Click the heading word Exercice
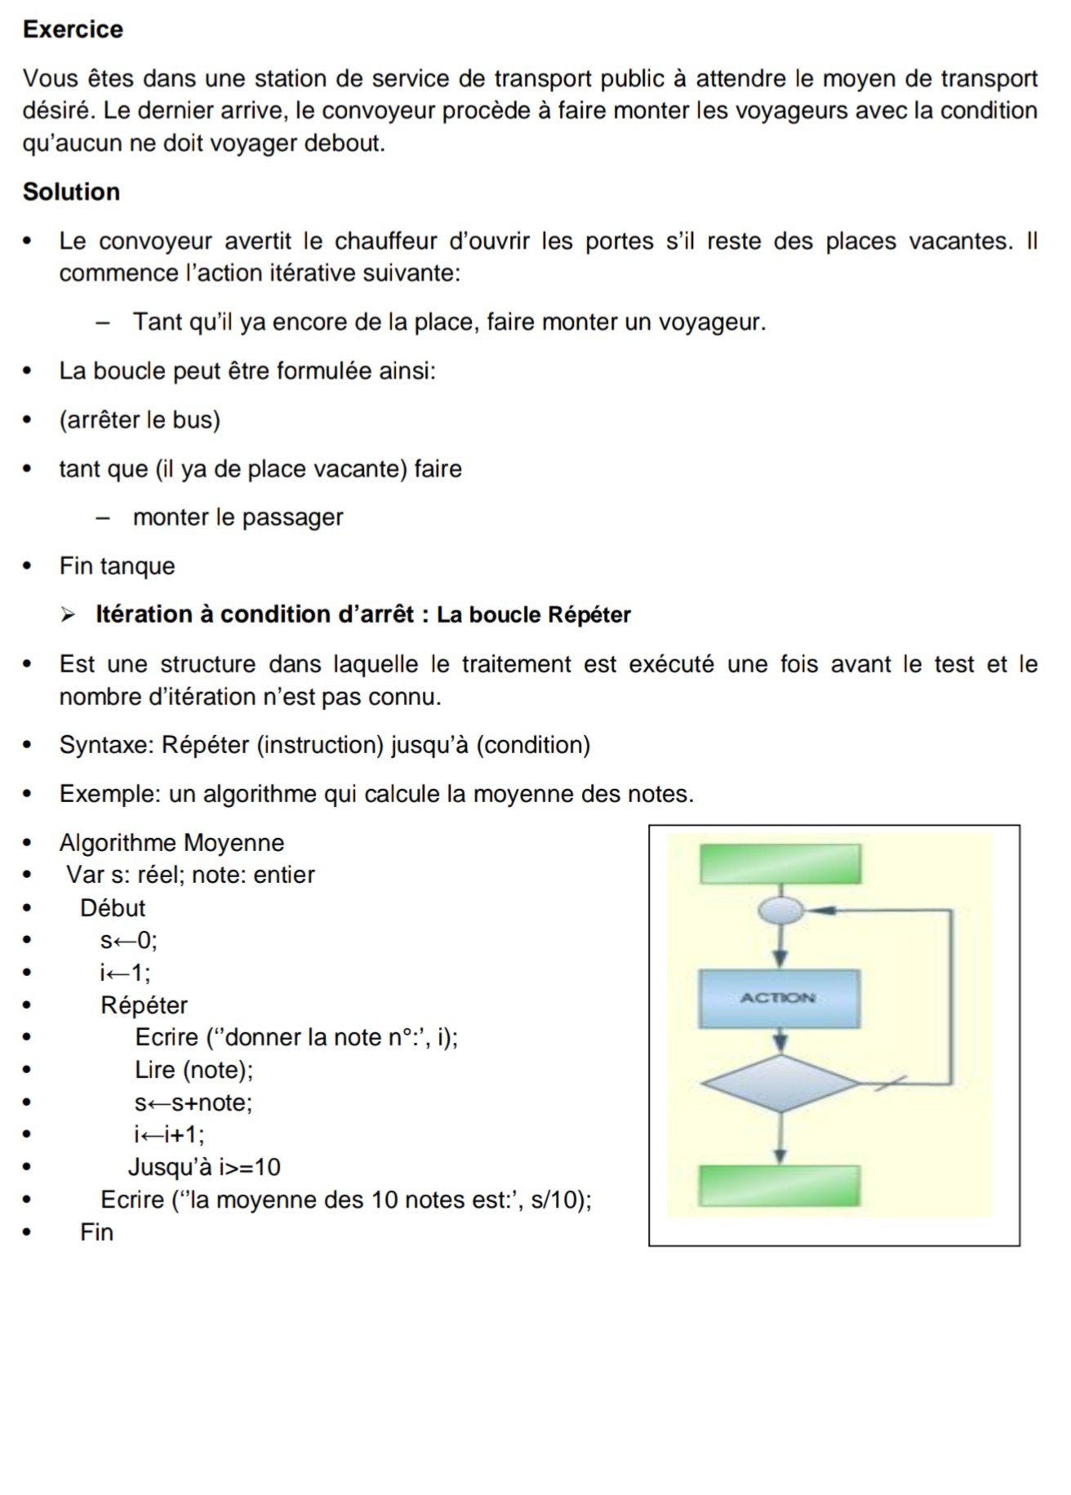pos(73,29)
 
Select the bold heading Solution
pos(71,192)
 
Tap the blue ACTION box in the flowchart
pos(779,998)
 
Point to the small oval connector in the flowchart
pos(780,910)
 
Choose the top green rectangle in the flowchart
pos(780,863)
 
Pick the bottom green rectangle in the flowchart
pos(780,1186)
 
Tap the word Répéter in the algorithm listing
pos(144,1005)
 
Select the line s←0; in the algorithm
pos(129,940)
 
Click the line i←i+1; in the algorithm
pos(170,1134)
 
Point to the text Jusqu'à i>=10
pos(204,1167)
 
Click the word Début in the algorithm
pos(113,907)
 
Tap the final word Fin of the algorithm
pos(96,1231)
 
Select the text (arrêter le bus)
pos(140,419)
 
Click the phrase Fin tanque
pos(117,566)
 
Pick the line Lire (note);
pos(194,1069)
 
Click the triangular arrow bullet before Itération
pos(68,614)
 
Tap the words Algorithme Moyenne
pos(171,842)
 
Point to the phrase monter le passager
pos(238,517)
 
